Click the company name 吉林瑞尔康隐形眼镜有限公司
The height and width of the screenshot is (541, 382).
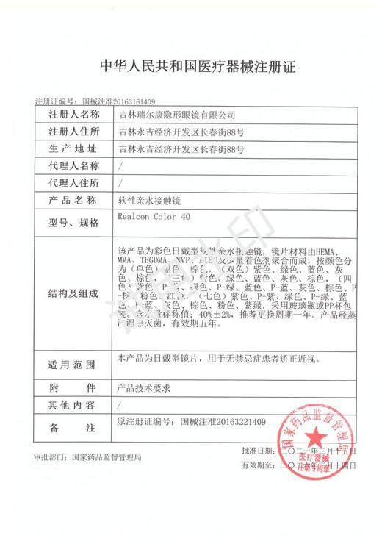click(x=178, y=115)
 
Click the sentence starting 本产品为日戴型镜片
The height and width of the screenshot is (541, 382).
click(x=217, y=358)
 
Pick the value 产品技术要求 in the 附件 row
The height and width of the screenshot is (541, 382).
click(x=141, y=386)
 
